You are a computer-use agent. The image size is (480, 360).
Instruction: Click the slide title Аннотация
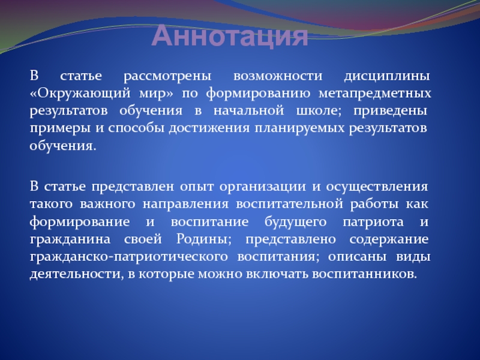click(230, 36)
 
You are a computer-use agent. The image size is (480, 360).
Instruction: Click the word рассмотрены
click(167, 76)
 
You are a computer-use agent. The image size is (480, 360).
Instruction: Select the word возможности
click(278, 76)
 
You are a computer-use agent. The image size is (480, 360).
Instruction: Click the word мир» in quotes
click(156, 94)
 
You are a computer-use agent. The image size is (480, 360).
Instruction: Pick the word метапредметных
click(374, 94)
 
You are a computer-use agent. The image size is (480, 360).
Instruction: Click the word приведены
click(391, 112)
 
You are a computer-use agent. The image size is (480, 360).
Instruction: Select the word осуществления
click(377, 187)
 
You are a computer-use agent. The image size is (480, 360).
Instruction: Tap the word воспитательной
click(289, 204)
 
